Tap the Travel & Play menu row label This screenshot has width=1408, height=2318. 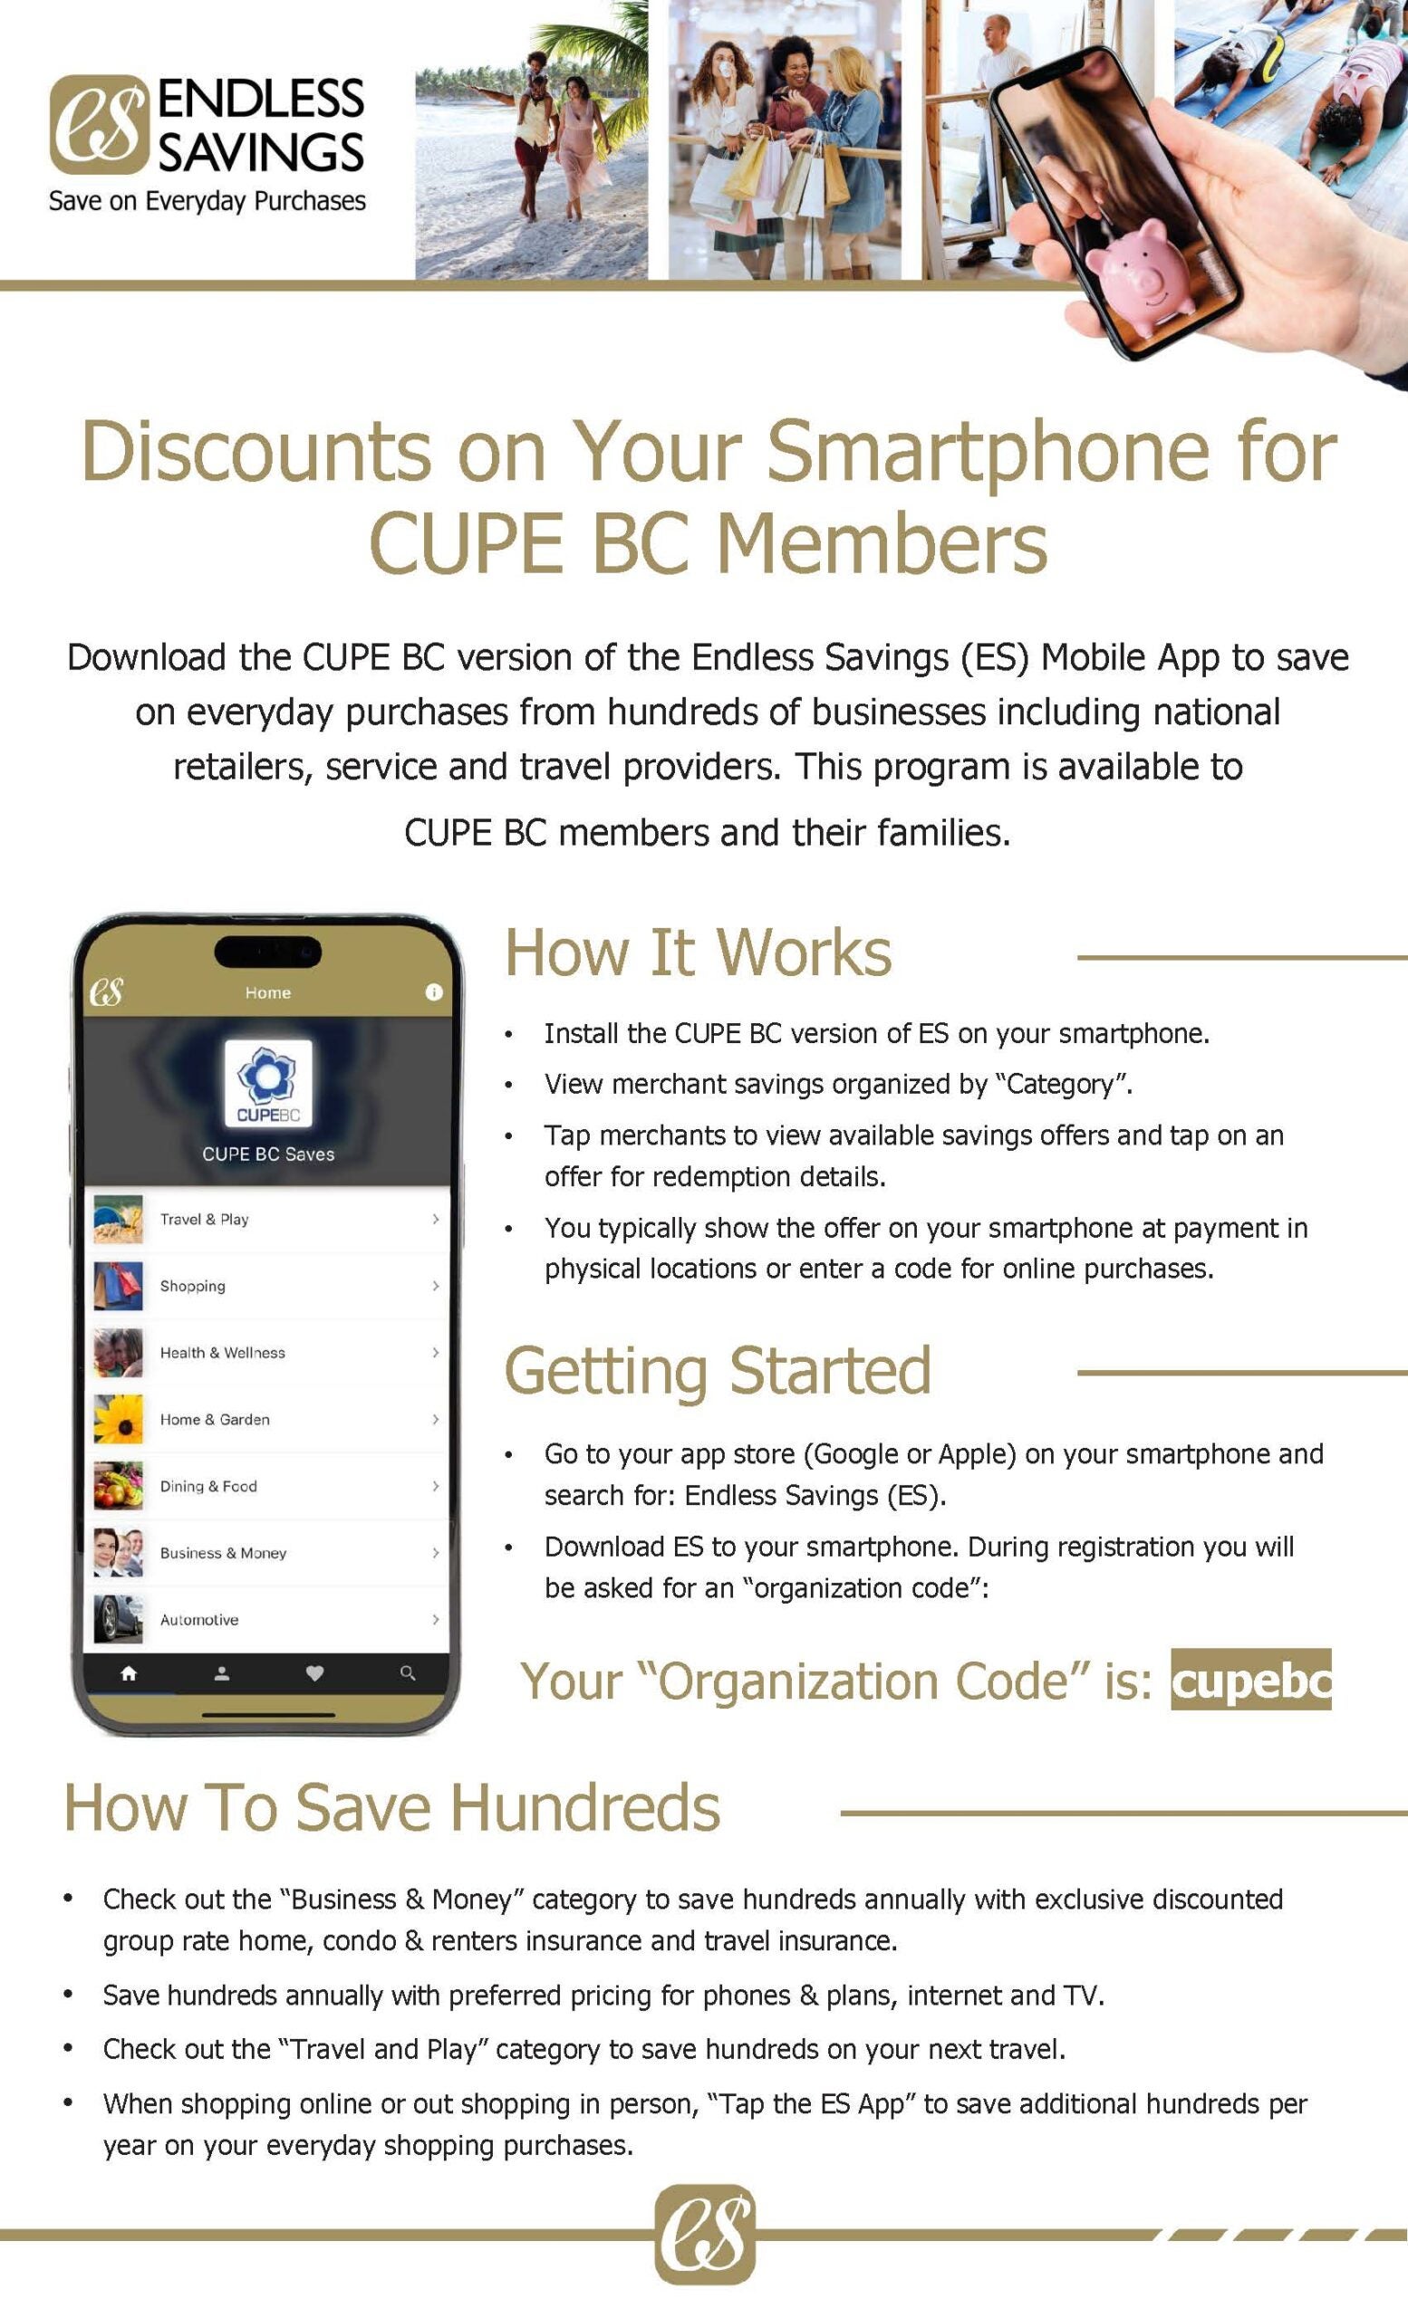click(204, 1219)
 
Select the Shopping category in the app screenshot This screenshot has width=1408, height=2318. click(193, 1286)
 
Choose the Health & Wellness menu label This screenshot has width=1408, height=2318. click(222, 1353)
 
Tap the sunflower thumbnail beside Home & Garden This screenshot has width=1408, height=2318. click(119, 1420)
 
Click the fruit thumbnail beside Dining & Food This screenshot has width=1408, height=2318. click(119, 1487)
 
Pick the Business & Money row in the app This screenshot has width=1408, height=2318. click(223, 1553)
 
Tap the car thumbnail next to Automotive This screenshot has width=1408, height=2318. click(119, 1619)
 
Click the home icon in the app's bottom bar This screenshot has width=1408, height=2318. click(129, 1673)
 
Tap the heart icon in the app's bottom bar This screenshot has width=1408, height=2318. click(314, 1673)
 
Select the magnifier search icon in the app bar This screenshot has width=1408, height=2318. click(408, 1673)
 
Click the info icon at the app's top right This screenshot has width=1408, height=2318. click(434, 991)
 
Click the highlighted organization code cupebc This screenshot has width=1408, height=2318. click(1251, 1681)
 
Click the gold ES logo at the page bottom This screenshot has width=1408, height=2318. click(705, 2235)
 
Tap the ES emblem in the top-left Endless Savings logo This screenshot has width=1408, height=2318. click(99, 125)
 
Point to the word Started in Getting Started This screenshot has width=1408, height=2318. click(830, 1371)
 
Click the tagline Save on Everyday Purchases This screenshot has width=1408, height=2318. click(207, 201)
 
